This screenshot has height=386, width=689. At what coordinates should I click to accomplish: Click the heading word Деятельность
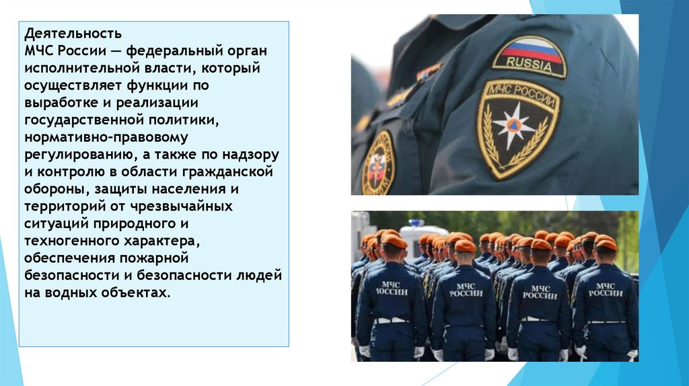pyautogui.click(x=73, y=33)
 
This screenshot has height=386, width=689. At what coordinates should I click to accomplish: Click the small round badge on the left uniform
pyautogui.click(x=378, y=163)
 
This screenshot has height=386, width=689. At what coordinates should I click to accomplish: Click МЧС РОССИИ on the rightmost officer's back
pyautogui.click(x=606, y=290)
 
